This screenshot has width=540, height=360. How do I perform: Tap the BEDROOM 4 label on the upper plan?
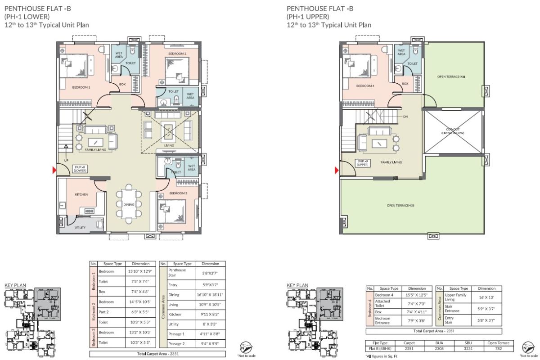[365, 85]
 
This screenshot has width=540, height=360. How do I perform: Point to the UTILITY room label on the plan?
[80, 228]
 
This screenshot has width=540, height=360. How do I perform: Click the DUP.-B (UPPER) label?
[363, 162]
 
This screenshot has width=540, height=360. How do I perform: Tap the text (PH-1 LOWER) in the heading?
[25, 16]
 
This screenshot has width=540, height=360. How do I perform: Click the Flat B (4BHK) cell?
[380, 348]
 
